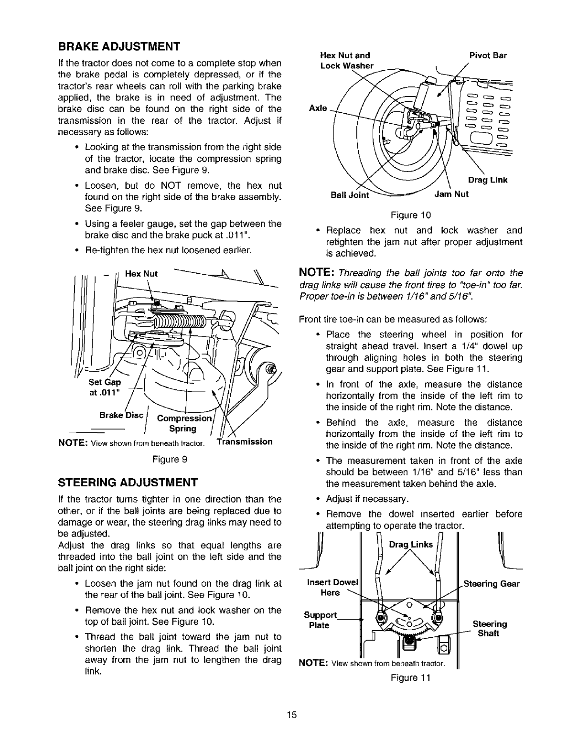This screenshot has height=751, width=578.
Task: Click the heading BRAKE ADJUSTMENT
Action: tap(118, 47)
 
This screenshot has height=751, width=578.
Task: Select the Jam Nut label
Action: tap(451, 194)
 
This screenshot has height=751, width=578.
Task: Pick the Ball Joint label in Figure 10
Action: tap(350, 194)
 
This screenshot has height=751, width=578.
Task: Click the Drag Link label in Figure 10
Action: tap(488, 180)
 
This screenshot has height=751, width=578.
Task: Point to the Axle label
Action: tap(318, 108)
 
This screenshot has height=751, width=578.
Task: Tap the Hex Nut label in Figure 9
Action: tap(141, 274)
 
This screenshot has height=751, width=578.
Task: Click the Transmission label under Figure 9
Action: tap(245, 441)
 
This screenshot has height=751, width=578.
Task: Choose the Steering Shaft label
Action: tap(490, 629)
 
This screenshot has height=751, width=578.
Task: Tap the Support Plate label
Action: tap(320, 620)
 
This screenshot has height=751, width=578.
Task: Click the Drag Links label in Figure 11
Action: tap(411, 545)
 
